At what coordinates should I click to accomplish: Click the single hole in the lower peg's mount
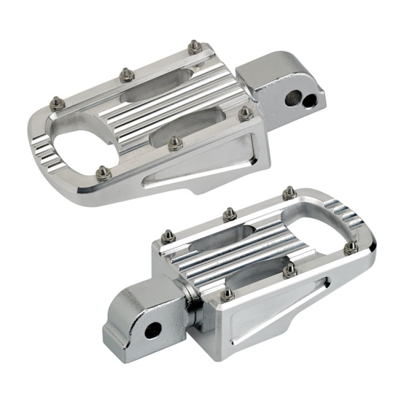[x=152, y=331]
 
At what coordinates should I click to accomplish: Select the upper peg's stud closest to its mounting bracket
[x=246, y=113]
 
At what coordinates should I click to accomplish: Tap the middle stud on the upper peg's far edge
[x=127, y=75]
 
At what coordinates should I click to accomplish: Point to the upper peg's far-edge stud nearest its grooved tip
[x=58, y=104]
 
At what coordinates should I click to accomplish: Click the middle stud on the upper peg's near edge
[x=175, y=143]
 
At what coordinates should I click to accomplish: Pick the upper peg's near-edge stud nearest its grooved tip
[x=103, y=173]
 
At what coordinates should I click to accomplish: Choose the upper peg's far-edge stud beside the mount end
[x=195, y=47]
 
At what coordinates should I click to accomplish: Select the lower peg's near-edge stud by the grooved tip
[x=351, y=247]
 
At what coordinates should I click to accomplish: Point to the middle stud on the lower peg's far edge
[x=230, y=214]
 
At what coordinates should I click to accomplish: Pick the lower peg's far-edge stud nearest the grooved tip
[x=289, y=193]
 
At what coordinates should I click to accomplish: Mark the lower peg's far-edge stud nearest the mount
[x=168, y=236]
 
